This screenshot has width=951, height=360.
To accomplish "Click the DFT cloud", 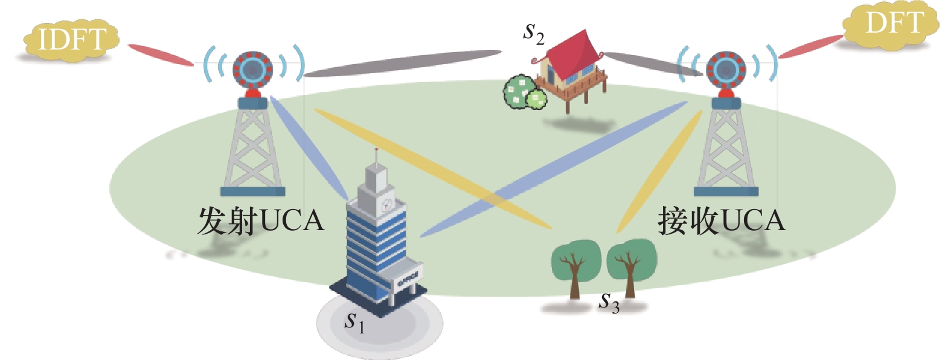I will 892,25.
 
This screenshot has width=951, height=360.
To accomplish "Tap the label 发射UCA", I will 260,221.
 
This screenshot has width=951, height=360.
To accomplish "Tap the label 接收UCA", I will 722,221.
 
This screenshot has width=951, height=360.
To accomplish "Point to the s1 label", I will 354,322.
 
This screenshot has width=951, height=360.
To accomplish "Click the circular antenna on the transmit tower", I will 252,70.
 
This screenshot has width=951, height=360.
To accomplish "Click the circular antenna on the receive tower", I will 726,70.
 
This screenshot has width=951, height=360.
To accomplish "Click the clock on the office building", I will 386,204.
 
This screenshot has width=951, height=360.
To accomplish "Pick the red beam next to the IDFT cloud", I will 160,55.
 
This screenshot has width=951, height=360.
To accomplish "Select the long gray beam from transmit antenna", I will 402,64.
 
